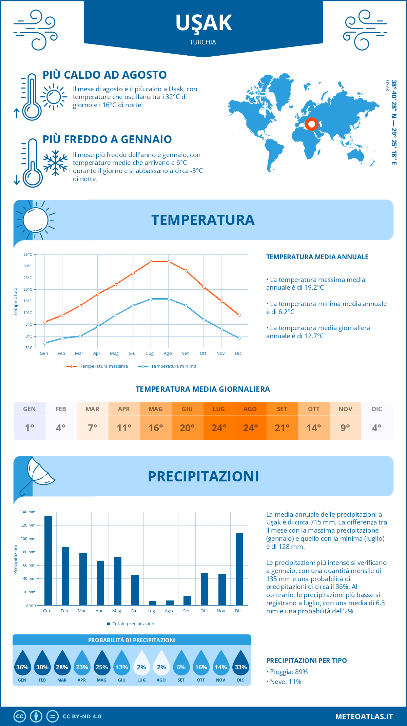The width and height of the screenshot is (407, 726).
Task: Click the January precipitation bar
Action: (x=48, y=560)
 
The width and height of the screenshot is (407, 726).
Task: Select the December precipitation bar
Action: (x=239, y=569)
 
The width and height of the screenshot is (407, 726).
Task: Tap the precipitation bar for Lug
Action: (x=153, y=603)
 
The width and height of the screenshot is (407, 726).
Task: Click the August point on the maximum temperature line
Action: (x=169, y=262)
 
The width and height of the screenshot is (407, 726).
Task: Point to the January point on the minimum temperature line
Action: (x=45, y=343)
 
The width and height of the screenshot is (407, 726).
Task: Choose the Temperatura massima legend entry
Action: (x=97, y=366)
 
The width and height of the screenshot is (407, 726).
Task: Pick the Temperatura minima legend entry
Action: (x=167, y=366)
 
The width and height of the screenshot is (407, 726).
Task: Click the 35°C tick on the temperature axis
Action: (x=28, y=254)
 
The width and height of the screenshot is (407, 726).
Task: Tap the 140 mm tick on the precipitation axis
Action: (x=28, y=512)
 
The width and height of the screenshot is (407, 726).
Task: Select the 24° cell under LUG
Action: (x=219, y=428)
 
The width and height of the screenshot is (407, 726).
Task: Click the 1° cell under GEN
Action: (x=30, y=428)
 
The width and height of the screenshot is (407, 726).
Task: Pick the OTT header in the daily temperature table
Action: (x=314, y=409)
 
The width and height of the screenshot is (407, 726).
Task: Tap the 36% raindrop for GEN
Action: (x=22, y=663)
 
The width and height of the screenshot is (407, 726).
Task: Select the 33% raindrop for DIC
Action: (x=240, y=663)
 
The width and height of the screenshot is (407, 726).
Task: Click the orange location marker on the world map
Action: (x=311, y=124)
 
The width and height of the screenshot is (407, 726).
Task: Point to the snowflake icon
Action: (x=55, y=163)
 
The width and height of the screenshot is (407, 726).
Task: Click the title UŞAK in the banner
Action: (x=203, y=23)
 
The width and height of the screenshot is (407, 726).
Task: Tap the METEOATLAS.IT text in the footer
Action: (x=364, y=716)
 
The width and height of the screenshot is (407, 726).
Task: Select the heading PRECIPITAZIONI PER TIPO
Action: (x=306, y=661)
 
